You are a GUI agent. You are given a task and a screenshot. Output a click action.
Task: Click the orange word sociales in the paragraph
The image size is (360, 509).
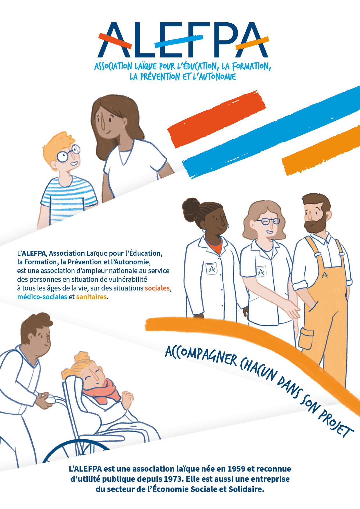tap(157, 288)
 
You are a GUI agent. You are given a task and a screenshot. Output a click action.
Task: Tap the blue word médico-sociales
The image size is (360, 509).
tap(42, 297)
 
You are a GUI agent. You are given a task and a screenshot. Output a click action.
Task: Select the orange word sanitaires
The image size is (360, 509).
tap(91, 297)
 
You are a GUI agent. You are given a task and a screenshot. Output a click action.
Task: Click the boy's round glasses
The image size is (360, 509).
tap(68, 153)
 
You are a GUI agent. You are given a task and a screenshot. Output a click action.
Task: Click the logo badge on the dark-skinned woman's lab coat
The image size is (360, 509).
tap(212, 269)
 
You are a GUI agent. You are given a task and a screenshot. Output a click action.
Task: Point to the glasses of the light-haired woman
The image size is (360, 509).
tap(268, 222)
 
